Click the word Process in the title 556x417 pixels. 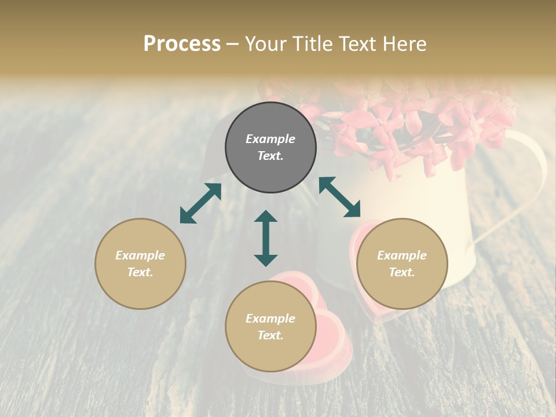(x=182, y=44)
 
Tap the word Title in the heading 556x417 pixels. (x=315, y=44)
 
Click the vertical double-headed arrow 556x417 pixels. (x=266, y=238)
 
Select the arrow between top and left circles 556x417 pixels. (x=200, y=203)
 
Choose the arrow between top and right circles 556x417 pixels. (x=340, y=197)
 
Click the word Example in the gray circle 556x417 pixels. (x=270, y=139)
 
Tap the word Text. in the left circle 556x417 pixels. (x=140, y=272)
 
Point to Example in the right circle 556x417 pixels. (x=402, y=255)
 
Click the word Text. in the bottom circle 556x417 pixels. (x=270, y=335)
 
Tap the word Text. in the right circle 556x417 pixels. (x=402, y=272)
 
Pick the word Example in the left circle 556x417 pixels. (x=140, y=255)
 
